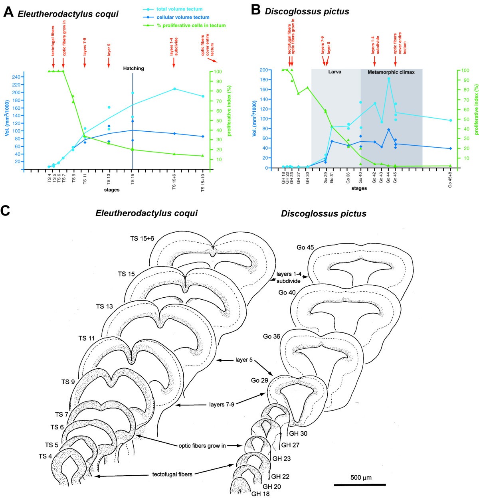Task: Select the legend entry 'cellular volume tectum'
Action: pyautogui.click(x=183, y=17)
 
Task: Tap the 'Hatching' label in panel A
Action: pyautogui.click(x=133, y=68)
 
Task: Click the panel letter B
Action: pyautogui.click(x=255, y=10)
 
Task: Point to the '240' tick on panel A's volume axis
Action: pyautogui.click(x=16, y=77)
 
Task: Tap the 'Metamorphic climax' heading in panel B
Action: pyautogui.click(x=391, y=72)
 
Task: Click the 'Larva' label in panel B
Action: pyautogui.click(x=335, y=72)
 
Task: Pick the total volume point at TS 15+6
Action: pyautogui.click(x=174, y=89)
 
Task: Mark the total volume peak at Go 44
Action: pyautogui.click(x=389, y=79)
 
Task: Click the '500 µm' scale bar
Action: pyautogui.click(x=360, y=484)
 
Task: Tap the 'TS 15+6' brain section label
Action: pyautogui.click(x=142, y=238)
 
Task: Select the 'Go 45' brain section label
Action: pyautogui.click(x=305, y=247)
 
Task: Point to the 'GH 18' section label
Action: pyautogui.click(x=260, y=494)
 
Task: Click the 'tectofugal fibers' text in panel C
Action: pyautogui.click(x=172, y=474)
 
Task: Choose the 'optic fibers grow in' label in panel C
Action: pyautogui.click(x=202, y=446)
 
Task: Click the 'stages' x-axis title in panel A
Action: pyautogui.click(x=112, y=190)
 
